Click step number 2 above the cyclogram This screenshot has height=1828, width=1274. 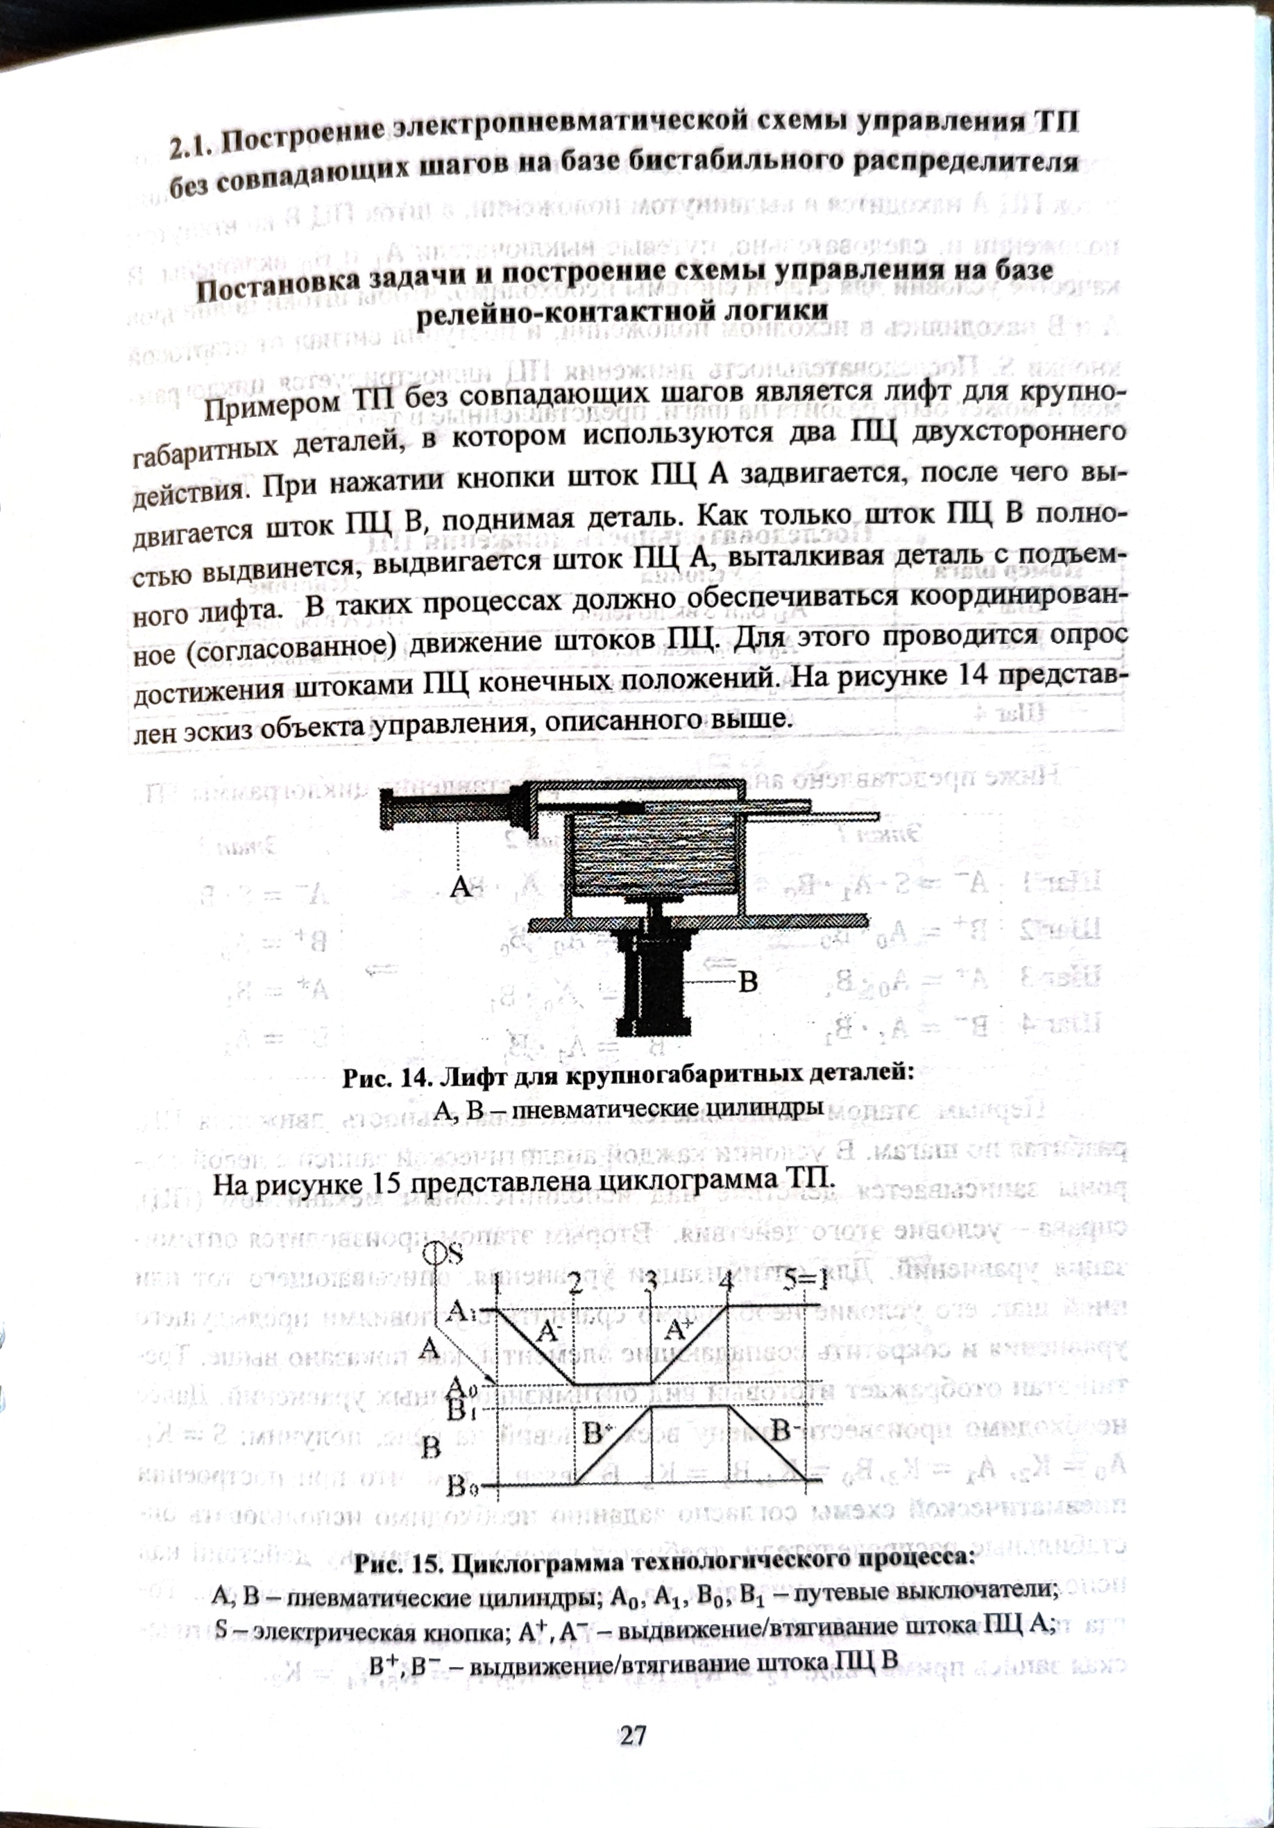[577, 1283]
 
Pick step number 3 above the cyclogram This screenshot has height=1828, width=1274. [651, 1283]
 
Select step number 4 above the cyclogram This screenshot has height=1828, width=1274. [724, 1283]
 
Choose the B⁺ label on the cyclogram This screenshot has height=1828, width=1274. [598, 1435]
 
